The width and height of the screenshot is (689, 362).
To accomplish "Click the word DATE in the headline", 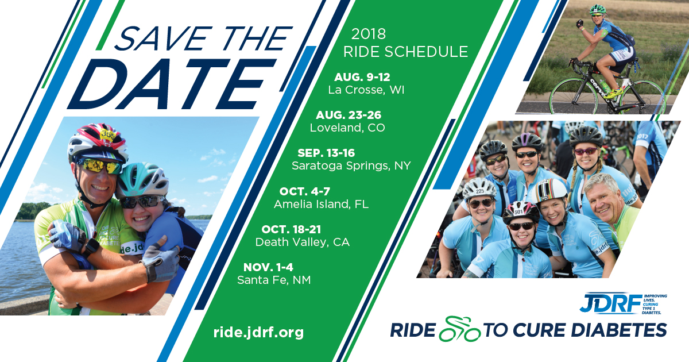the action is (172, 84).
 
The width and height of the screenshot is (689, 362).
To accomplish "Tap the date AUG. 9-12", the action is (362, 77).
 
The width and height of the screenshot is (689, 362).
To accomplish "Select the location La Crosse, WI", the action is (366, 90).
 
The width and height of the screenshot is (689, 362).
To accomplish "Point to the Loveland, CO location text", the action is (347, 128).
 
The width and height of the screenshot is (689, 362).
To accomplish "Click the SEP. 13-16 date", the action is (326, 153).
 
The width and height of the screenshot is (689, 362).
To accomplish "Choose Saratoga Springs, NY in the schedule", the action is (351, 166).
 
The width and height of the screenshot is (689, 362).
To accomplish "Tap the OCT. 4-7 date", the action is (304, 191).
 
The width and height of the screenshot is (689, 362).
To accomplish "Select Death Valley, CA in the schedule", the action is (303, 242).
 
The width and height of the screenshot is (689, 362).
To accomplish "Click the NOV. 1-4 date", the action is (268, 267).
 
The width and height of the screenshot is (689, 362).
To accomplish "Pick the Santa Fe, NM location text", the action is (274, 280).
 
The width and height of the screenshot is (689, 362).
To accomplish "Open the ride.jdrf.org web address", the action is (258, 333).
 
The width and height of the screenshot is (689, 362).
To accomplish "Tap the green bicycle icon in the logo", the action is (459, 329).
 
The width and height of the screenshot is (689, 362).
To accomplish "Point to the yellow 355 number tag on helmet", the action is (108, 135).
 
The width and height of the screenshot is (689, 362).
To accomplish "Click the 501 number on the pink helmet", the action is (518, 212).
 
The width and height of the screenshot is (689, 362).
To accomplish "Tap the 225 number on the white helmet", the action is (480, 191).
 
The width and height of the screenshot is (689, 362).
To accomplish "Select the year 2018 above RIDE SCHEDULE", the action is (369, 34).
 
